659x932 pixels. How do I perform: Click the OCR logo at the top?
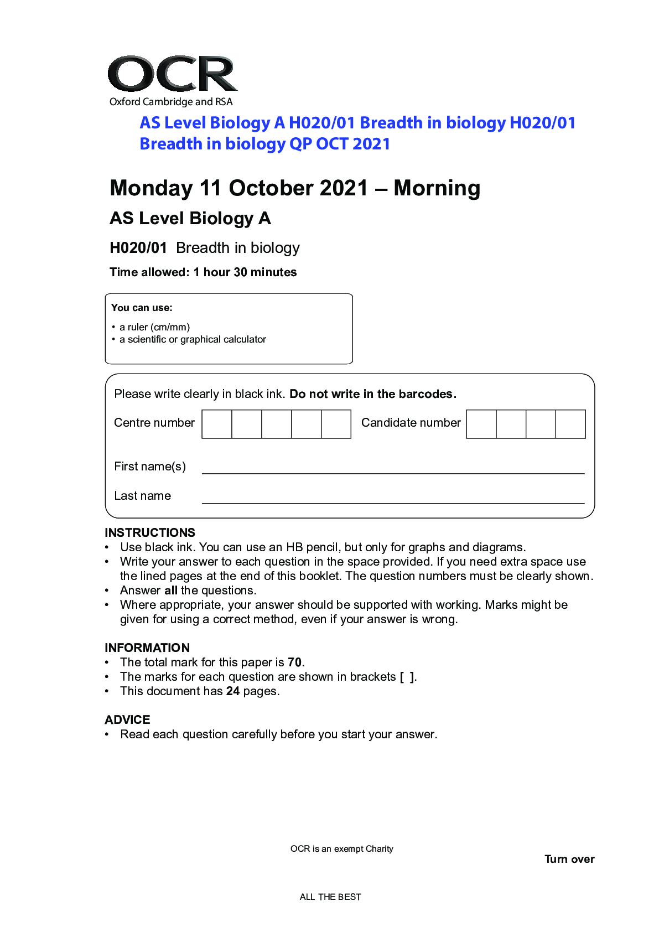coord(172,74)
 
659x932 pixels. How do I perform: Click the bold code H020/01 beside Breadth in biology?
coord(138,248)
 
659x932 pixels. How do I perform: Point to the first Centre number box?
coord(217,424)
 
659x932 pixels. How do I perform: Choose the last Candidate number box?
coord(570,424)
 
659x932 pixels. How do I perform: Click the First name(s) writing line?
coord(393,472)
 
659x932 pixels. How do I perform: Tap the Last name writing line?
coord(393,501)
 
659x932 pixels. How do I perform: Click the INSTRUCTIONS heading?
coord(150,532)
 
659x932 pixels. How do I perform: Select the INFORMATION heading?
coord(147,648)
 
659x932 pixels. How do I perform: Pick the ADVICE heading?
coord(127,719)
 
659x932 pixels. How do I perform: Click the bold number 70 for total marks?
coord(295,662)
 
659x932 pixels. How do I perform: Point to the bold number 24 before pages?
coord(233,691)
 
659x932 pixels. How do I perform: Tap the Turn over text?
coord(569,859)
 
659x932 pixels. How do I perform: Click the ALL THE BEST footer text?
coord(330,897)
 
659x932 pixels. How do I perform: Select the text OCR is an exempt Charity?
coord(341,848)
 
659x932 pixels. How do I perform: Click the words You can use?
coord(142,308)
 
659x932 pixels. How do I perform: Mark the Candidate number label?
coord(411,423)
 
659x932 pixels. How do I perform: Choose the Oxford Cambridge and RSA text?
coord(171,102)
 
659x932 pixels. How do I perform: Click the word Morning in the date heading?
coord(437,188)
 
